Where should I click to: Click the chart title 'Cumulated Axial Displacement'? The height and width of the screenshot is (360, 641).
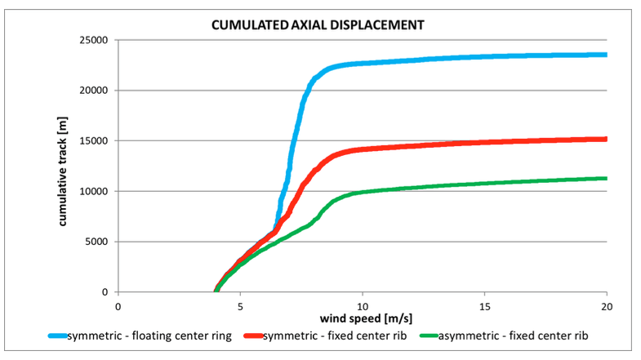point(318,25)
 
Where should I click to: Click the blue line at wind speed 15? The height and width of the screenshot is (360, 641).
point(485,56)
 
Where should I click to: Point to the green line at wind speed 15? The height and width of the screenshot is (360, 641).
point(485,183)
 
